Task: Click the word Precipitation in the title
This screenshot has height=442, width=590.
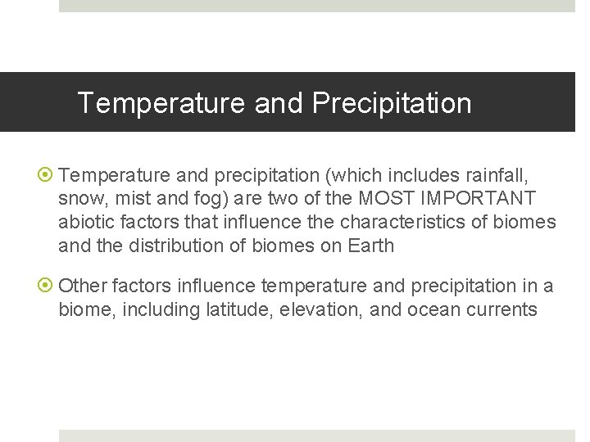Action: click(392, 103)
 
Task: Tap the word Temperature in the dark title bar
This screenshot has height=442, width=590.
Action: click(161, 103)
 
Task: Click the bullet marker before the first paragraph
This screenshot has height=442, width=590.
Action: click(48, 174)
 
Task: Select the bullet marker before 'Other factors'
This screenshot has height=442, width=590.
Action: click(48, 286)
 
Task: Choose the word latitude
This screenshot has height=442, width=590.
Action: click(249, 309)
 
